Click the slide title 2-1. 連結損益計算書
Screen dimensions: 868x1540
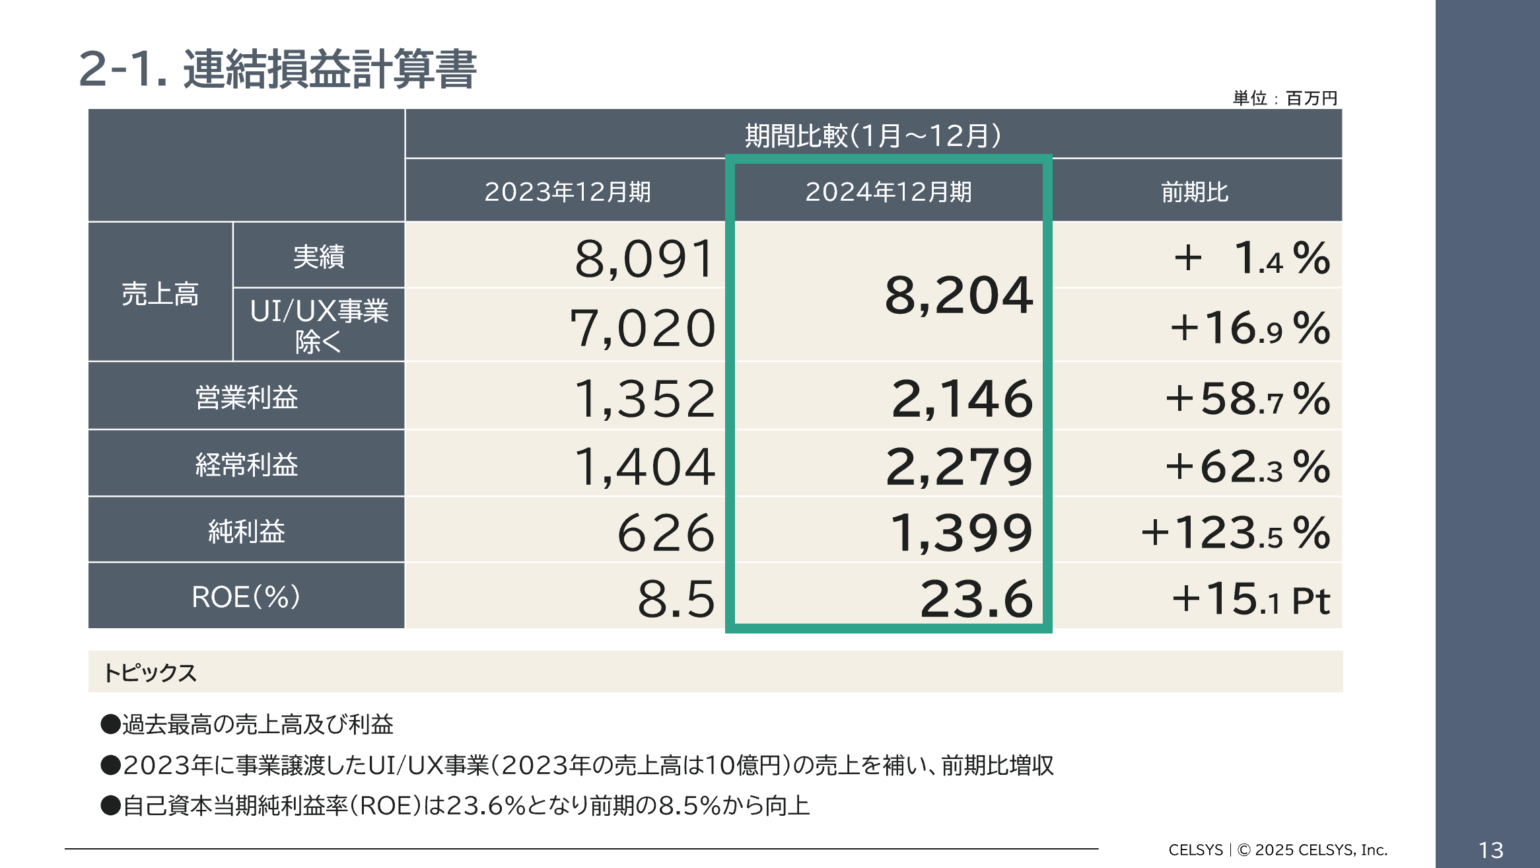tap(277, 69)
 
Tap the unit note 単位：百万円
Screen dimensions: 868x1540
tap(1284, 98)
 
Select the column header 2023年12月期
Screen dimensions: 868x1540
tap(567, 192)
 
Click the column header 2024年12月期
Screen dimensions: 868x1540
tap(888, 192)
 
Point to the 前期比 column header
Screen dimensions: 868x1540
tap(1195, 192)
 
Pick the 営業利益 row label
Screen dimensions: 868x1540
tap(246, 397)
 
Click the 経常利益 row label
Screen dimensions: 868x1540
tap(246, 464)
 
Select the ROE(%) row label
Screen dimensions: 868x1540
tap(246, 597)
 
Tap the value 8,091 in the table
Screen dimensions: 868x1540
tap(645, 259)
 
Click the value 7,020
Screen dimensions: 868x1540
tap(643, 328)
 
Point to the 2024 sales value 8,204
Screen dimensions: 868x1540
tap(958, 295)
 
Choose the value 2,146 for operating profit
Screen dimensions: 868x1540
tap(962, 399)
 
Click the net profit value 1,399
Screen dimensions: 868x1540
tap(961, 533)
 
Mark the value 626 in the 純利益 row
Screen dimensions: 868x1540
tap(666, 533)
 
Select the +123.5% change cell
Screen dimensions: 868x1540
tap(1235, 533)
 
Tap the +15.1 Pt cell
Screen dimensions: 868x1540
tap(1250, 599)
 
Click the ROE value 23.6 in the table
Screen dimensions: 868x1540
tap(976, 599)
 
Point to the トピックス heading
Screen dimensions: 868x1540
tap(150, 672)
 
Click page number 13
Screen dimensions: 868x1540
tap(1490, 850)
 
